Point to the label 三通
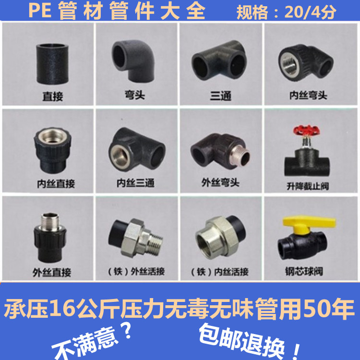pyautogui.click(x=221, y=96)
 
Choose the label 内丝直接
pyautogui.click(x=56, y=183)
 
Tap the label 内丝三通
pyautogui.click(x=136, y=183)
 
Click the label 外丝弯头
pyautogui.click(x=220, y=183)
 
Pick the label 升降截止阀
pyautogui.click(x=308, y=185)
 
